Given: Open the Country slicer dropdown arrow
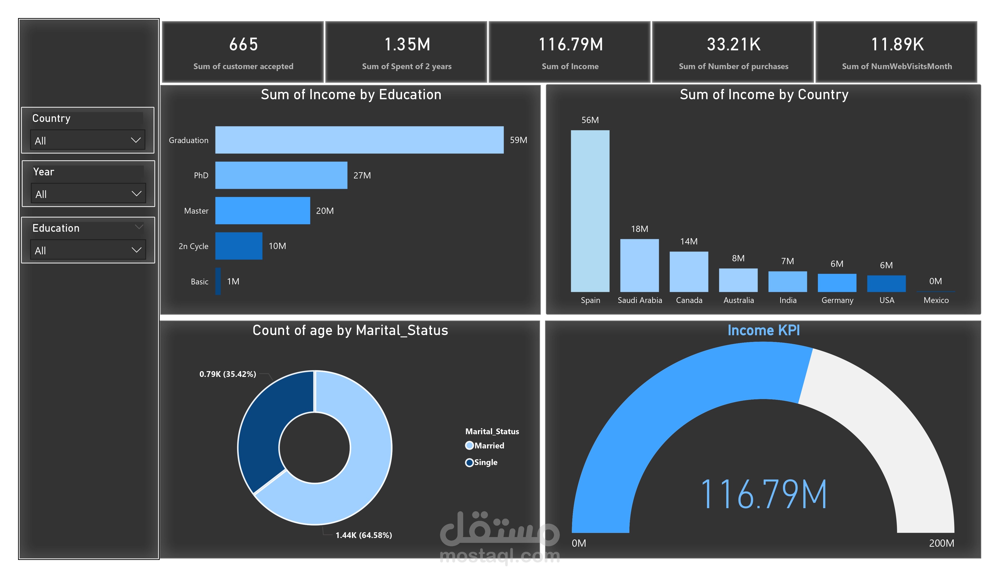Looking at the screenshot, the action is pos(136,140).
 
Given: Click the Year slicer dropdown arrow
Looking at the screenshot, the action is pos(137,194).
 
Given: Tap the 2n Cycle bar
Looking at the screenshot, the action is pos(239,246).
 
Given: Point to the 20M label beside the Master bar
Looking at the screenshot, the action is pos(325,211).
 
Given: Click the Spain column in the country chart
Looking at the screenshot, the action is pos(590,211).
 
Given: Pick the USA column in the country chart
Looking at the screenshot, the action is pos(887,284).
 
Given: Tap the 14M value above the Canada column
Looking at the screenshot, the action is pos(689,241).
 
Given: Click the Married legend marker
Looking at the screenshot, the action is pos(469,446).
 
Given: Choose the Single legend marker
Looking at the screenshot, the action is pos(469,463).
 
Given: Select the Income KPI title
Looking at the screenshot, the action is pos(763,330).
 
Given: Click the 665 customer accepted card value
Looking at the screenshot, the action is pos(244,44).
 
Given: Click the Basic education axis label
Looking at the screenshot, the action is pos(200,282).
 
